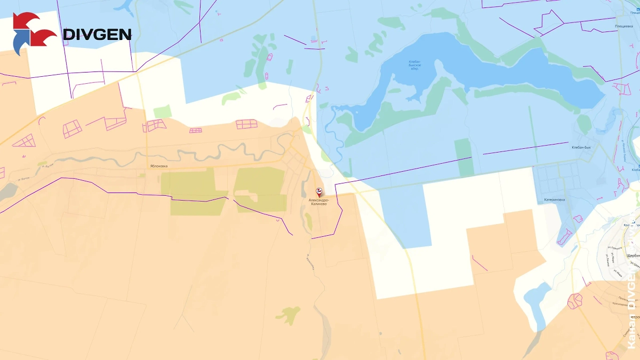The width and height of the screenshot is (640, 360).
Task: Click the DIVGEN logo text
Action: pos(97,35)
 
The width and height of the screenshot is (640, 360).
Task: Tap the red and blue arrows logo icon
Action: pos(34,34)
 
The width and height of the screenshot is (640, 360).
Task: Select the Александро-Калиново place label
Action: pos(319,202)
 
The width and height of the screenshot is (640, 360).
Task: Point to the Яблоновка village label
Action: pos(158,166)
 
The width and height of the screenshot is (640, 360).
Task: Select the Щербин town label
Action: pos(633,255)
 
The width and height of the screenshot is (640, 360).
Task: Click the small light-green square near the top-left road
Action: pos(162,112)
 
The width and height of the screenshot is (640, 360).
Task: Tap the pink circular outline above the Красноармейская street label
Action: pos(576,301)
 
